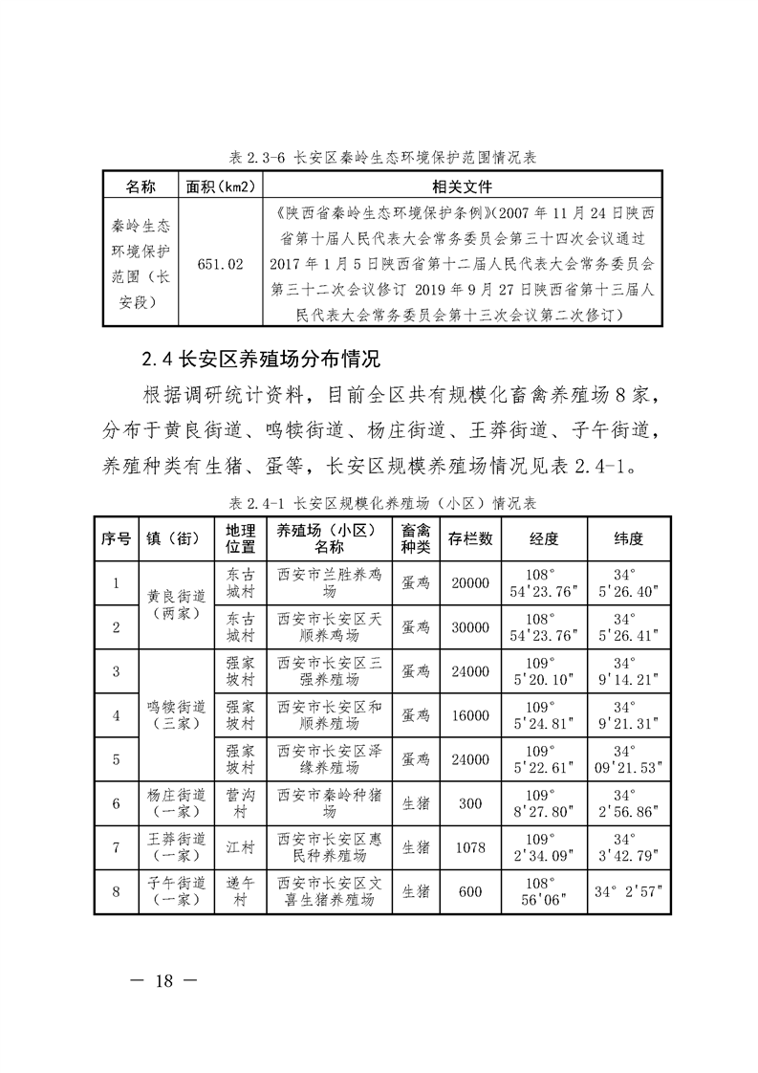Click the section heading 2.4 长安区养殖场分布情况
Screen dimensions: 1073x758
[261, 361]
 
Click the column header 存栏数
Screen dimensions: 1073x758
[470, 539]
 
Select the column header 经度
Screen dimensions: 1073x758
[544, 539]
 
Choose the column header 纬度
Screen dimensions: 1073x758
[628, 539]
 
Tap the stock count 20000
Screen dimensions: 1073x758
[470, 583]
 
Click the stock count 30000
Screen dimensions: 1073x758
[470, 627]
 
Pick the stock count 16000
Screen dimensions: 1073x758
[470, 715]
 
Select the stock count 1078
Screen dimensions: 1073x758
[470, 847]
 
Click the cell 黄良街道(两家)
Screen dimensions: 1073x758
[177, 604]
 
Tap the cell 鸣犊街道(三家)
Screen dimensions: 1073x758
[177, 715]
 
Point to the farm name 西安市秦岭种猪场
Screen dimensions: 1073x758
[329, 803]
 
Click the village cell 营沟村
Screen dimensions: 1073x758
[240, 803]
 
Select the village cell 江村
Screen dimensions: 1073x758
[240, 847]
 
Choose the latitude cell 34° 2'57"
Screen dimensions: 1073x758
[628, 892]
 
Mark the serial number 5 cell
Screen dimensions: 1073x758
[116, 759]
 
